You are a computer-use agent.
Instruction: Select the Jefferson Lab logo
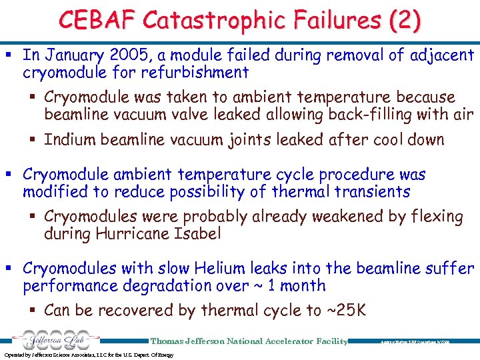(x=51, y=339)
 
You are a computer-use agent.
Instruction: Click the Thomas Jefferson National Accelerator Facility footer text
(x=249, y=341)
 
